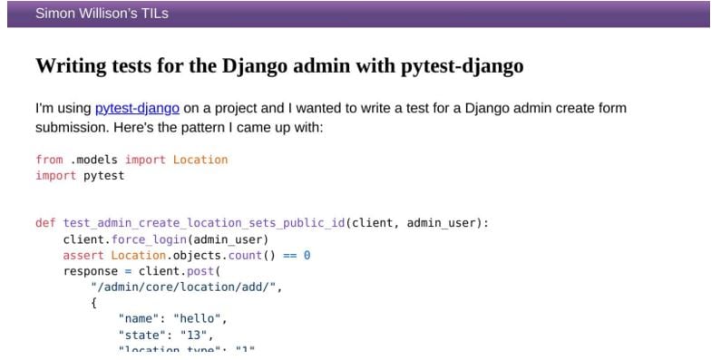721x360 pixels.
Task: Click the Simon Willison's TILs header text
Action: (102, 14)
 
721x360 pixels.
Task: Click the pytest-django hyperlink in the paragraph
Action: (137, 109)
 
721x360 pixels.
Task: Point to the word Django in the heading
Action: (258, 67)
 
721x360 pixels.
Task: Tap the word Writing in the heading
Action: (72, 67)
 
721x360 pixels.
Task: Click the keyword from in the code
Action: (49, 161)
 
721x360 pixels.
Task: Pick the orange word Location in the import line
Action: (200, 161)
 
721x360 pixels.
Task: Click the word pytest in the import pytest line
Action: (104, 176)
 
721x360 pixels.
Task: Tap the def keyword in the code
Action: (45, 223)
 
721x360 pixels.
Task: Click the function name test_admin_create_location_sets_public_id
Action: (202, 223)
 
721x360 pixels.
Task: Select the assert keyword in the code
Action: (83, 256)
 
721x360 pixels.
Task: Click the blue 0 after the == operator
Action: (307, 256)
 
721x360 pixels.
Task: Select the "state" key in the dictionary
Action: (142, 336)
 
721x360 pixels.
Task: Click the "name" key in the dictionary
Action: (140, 319)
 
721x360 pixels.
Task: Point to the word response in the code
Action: (91, 271)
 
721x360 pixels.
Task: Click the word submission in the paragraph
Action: (73, 128)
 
